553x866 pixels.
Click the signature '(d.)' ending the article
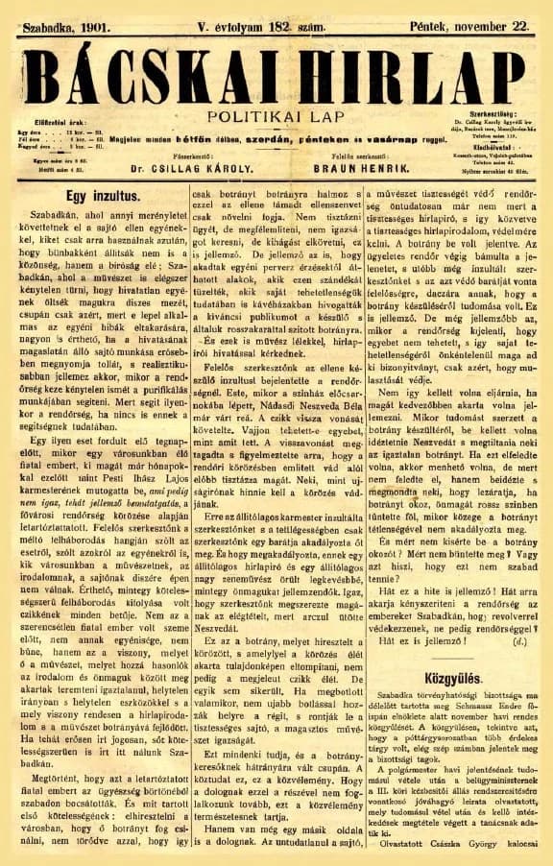tap(519, 637)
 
